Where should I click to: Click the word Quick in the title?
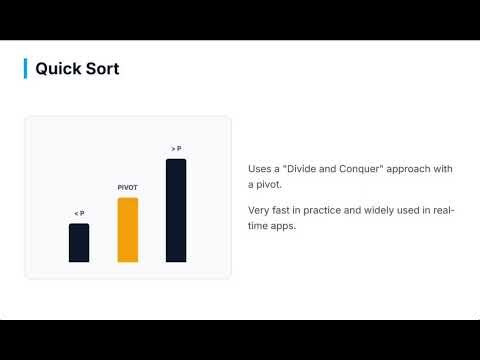(x=57, y=69)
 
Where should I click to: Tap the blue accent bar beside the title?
(x=25, y=68)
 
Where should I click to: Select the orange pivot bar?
(x=127, y=230)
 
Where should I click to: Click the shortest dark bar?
(x=79, y=243)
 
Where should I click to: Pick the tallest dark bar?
(x=176, y=210)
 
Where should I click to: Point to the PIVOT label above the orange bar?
(x=127, y=187)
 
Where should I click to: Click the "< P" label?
(x=79, y=213)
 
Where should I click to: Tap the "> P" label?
(x=176, y=149)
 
